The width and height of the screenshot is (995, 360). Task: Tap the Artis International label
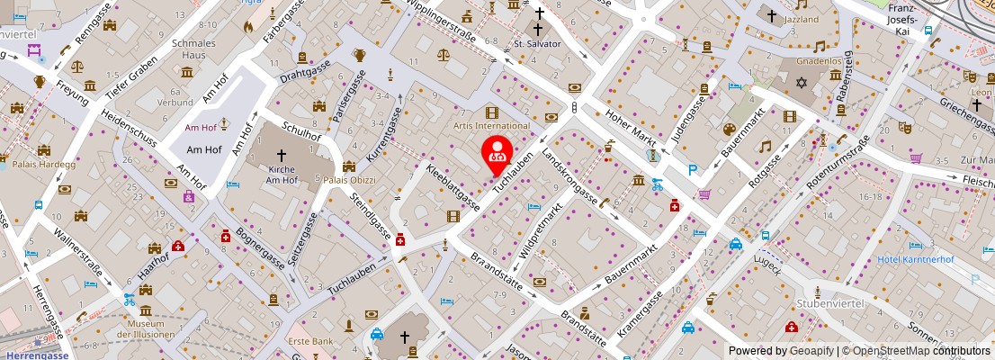click(491, 126)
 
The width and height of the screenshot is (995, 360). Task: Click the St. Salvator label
click(537, 43)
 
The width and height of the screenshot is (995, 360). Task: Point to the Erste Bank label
click(310, 342)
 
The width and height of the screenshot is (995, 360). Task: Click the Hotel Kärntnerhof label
click(916, 261)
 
